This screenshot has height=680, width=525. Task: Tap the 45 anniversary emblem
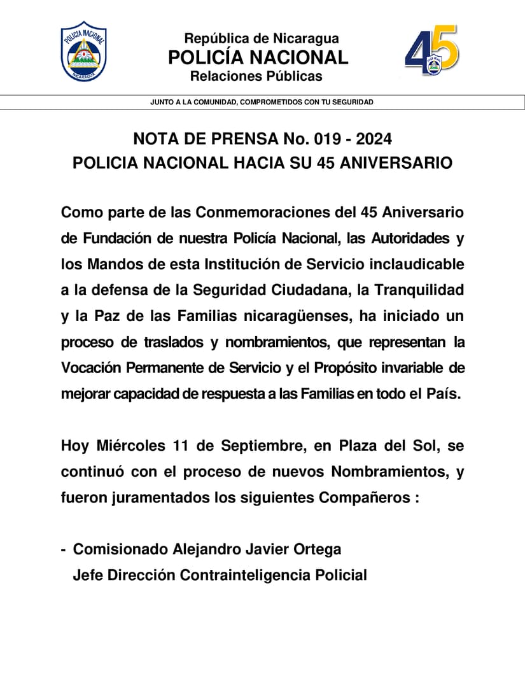tap(431, 50)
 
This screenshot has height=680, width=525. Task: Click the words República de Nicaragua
tap(262, 39)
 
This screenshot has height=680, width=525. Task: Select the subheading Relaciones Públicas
tap(256, 77)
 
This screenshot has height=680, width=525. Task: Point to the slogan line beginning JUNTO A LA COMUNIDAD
tap(262, 102)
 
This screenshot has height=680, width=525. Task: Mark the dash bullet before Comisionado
tap(64, 549)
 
